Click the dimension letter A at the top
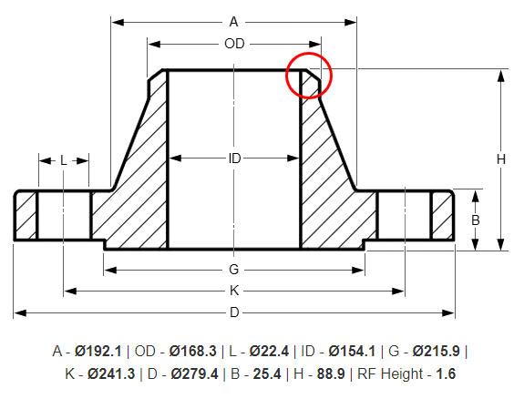[233, 21]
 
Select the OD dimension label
[233, 43]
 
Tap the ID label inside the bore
[234, 159]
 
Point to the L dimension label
[63, 160]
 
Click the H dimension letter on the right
[500, 159]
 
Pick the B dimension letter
[475, 220]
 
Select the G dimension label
[233, 269]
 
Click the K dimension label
[234, 291]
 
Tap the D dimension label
[234, 312]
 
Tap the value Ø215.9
[437, 351]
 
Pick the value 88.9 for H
[334, 373]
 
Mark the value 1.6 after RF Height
[446, 373]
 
